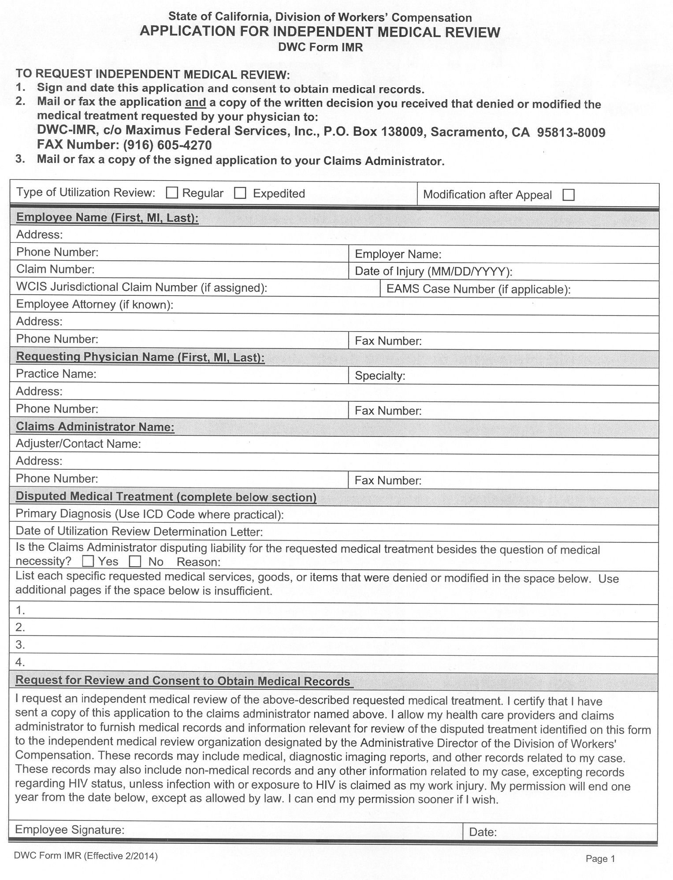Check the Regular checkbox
[x=172, y=193]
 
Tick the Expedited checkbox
[x=240, y=193]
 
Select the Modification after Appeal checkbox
[x=569, y=195]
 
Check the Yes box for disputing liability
[x=88, y=561]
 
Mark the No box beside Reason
[x=135, y=562]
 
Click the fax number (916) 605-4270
[x=167, y=145]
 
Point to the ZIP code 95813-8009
[x=571, y=133]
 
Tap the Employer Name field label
[x=398, y=254]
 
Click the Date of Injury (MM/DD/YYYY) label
[x=433, y=271]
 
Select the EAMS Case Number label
[x=478, y=290]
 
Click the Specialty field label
[x=380, y=376]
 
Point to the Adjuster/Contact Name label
[x=78, y=444]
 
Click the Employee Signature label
[x=70, y=830]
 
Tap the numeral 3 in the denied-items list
[x=20, y=645]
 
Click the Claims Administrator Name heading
[x=95, y=427]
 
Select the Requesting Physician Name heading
[x=140, y=357]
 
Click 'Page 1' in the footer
[x=600, y=859]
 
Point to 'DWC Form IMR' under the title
[x=320, y=48]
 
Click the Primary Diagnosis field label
[x=149, y=514]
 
